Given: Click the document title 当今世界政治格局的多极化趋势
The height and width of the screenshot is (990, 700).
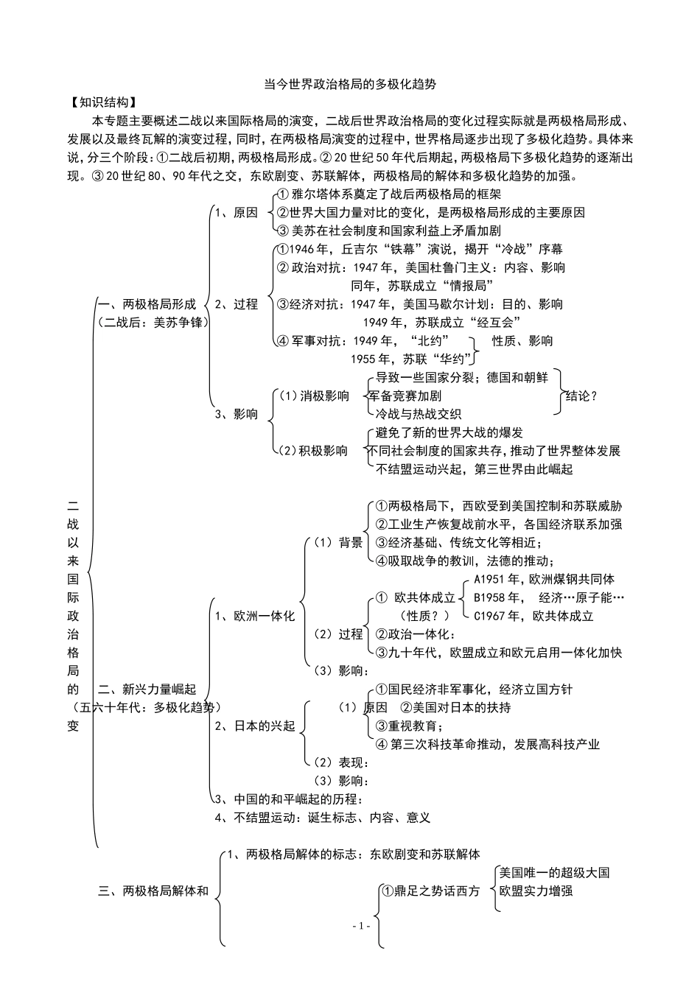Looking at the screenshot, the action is click(x=349, y=84).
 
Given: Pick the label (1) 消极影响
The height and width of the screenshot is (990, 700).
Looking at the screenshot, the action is click(x=312, y=396).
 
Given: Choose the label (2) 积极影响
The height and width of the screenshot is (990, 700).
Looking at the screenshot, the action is click(x=312, y=450).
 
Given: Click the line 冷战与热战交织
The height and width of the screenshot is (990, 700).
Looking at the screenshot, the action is click(x=418, y=413).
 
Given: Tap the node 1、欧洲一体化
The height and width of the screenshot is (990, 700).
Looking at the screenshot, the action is click(x=254, y=615).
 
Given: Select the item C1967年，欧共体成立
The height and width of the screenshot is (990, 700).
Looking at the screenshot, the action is click(x=533, y=615).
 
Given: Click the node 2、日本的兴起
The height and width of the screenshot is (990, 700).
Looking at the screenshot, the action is click(x=254, y=726).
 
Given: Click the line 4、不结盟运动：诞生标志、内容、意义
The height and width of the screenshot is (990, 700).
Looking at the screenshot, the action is click(x=322, y=817).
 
